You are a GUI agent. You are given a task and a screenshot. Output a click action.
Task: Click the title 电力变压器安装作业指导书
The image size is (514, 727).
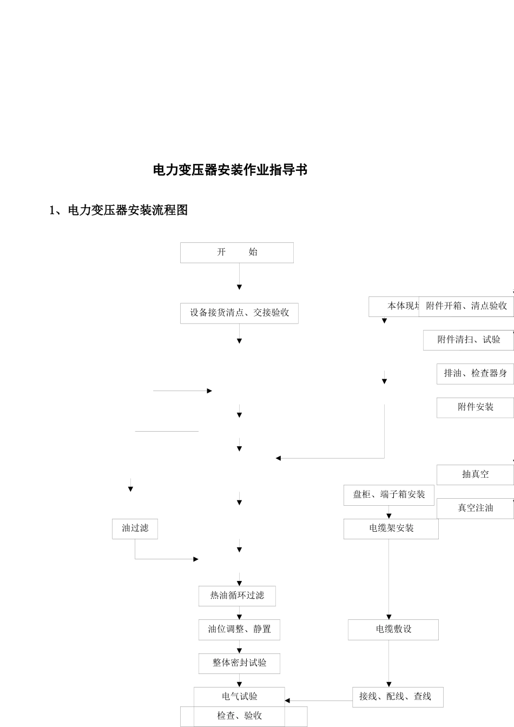pyautogui.click(x=230, y=170)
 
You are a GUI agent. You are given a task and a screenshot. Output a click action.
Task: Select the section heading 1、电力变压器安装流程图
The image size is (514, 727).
pyautogui.click(x=118, y=210)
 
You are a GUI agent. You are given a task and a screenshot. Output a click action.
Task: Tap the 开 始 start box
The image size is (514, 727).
pyautogui.click(x=237, y=253)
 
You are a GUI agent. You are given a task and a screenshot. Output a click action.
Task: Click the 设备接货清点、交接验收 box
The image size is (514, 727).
pyautogui.click(x=239, y=313)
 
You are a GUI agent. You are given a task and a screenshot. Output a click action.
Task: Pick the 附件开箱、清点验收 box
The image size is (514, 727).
pyautogui.click(x=466, y=306)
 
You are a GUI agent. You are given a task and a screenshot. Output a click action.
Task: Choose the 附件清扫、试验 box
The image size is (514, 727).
pyautogui.click(x=469, y=340)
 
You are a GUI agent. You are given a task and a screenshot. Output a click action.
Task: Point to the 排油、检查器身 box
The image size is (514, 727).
pyautogui.click(x=475, y=374)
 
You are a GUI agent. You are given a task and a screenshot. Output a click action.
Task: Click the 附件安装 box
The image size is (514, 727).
pyautogui.click(x=475, y=407)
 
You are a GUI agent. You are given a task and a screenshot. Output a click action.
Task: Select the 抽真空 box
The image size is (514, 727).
pyautogui.click(x=475, y=474)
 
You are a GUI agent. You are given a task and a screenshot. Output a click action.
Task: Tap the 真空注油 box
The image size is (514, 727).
pyautogui.click(x=475, y=508)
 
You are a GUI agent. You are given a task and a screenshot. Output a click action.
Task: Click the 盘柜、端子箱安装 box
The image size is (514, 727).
pyautogui.click(x=389, y=495)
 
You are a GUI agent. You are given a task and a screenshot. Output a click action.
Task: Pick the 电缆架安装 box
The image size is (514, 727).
pyautogui.click(x=391, y=528)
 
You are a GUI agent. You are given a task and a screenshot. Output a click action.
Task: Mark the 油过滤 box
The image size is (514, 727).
pyautogui.click(x=135, y=528)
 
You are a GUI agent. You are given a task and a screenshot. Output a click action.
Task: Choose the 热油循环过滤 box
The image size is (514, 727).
pyautogui.click(x=237, y=596)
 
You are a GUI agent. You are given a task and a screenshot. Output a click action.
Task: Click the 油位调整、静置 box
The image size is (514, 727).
pyautogui.click(x=239, y=630)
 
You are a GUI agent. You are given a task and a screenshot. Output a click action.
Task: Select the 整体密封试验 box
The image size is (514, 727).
pyautogui.click(x=239, y=663)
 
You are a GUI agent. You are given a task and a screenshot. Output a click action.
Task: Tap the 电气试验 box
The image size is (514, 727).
pyautogui.click(x=239, y=696)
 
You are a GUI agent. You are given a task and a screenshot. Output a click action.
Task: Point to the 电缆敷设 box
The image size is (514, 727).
pyautogui.click(x=393, y=630)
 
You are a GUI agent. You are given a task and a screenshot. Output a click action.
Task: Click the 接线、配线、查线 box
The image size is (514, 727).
pyautogui.click(x=398, y=697)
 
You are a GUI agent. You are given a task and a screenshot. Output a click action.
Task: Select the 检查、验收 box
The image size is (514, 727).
pyautogui.click(x=243, y=716)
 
